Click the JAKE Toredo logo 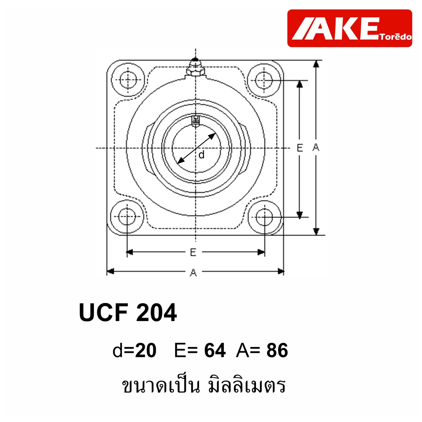coord(349,28)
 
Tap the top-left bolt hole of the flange coord(128,80)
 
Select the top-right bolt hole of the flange coord(264,80)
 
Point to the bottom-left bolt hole coord(127,217)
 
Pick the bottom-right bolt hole coord(265,217)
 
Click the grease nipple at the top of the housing coord(196,67)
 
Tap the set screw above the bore coord(196,121)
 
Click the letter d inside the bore coord(202,155)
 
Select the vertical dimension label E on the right coord(300,148)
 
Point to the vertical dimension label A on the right coord(316,147)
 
